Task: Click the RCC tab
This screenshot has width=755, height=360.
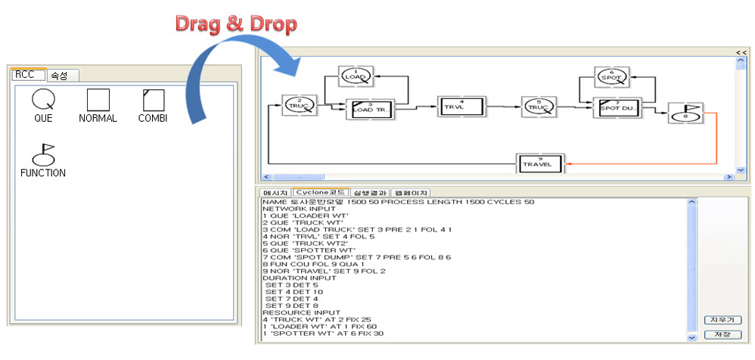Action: [26, 75]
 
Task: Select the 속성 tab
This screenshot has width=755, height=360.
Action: [58, 76]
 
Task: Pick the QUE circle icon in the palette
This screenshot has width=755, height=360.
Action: [43, 100]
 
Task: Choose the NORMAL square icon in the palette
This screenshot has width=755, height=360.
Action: [98, 101]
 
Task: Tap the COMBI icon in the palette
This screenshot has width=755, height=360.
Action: [153, 101]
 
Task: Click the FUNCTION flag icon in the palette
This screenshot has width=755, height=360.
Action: [43, 155]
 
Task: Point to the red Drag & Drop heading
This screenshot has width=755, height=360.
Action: [236, 23]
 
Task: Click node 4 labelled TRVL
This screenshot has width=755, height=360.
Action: [461, 107]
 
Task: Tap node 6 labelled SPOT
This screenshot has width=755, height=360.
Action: [611, 76]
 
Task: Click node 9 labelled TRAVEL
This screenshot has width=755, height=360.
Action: [541, 163]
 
